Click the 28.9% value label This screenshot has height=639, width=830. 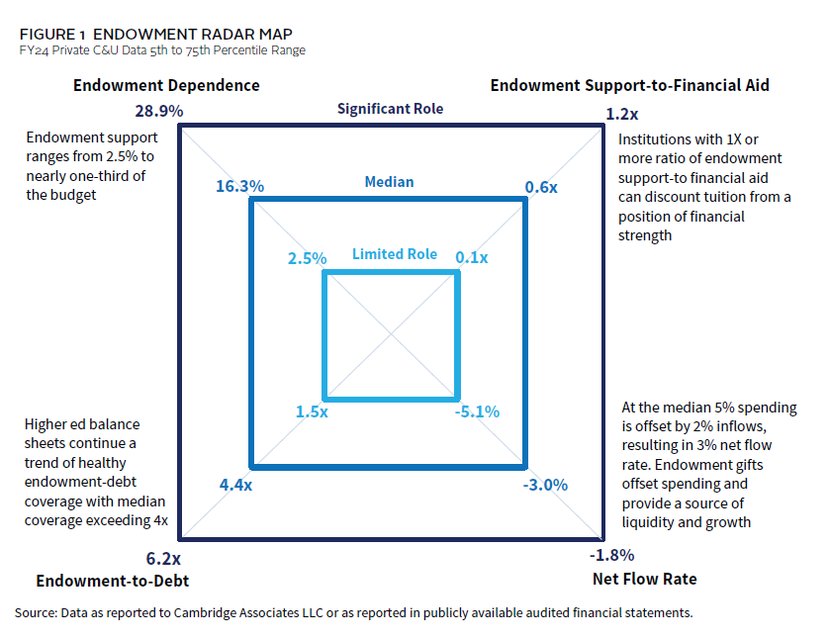pos(158,111)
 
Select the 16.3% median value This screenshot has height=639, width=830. pos(239,185)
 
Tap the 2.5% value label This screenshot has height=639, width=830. pos(307,258)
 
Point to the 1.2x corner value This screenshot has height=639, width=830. pos(620,114)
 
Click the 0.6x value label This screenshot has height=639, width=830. pos(541,185)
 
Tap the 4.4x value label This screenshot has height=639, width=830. pos(234,485)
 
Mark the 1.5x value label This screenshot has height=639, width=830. pos(312,411)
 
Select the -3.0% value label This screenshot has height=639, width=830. pos(545,485)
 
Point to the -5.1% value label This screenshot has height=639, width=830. pos(477,411)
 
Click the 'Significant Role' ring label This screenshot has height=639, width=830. pos(390,109)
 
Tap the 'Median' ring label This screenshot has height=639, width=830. pos(389,182)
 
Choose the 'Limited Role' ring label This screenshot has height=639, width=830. pos(395,254)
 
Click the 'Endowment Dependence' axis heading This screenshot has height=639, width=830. pos(166,85)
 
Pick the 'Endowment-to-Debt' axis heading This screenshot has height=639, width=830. pos(112,581)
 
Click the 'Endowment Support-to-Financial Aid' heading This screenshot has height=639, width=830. pos(630,85)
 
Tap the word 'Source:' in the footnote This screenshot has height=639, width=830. pos(37,613)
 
